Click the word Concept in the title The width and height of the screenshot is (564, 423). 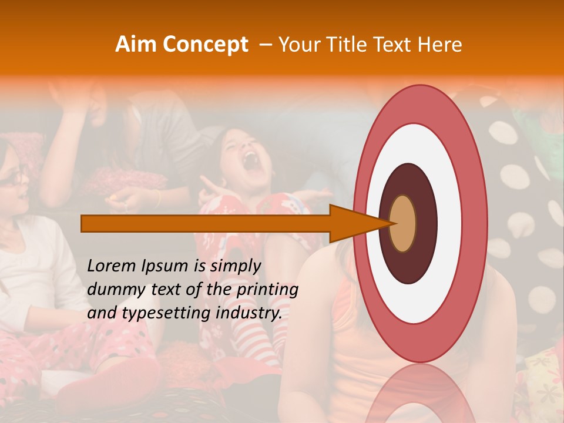(206, 45)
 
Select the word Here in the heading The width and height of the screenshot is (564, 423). (440, 45)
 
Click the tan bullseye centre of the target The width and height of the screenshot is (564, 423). (402, 223)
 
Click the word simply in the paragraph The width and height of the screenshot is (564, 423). (235, 266)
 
